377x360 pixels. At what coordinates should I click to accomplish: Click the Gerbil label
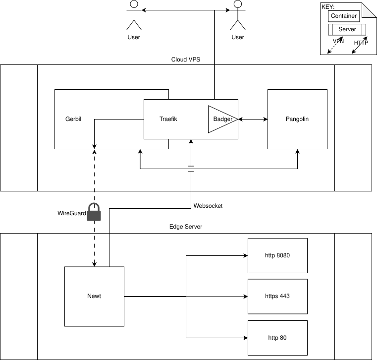pyautogui.click(x=73, y=119)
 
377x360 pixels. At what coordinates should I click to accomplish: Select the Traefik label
pyautogui.click(x=168, y=119)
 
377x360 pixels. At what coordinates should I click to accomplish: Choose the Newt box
pyautogui.click(x=94, y=296)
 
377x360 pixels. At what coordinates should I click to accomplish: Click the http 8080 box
pyautogui.click(x=277, y=256)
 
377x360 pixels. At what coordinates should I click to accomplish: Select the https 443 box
pyautogui.click(x=277, y=296)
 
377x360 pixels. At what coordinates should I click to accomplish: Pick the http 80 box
pyautogui.click(x=277, y=338)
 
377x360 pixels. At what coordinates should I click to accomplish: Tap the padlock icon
pyautogui.click(x=94, y=213)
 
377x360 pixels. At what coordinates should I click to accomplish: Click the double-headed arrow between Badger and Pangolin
pyautogui.click(x=253, y=119)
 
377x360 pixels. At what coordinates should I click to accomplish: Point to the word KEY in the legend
pyautogui.click(x=328, y=7)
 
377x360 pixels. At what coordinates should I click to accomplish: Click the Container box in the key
pyautogui.click(x=344, y=16)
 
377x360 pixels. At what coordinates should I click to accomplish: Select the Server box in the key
pyautogui.click(x=347, y=30)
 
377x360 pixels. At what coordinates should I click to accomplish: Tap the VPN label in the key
pyautogui.click(x=338, y=41)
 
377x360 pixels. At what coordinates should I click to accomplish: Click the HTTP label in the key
pyautogui.click(x=361, y=43)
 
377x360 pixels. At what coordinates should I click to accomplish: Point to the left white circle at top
pyautogui.click(x=133, y=4)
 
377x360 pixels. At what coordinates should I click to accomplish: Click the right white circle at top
pyautogui.click(x=238, y=4)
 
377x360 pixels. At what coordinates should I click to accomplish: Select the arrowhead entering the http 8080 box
pyautogui.click(x=245, y=256)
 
